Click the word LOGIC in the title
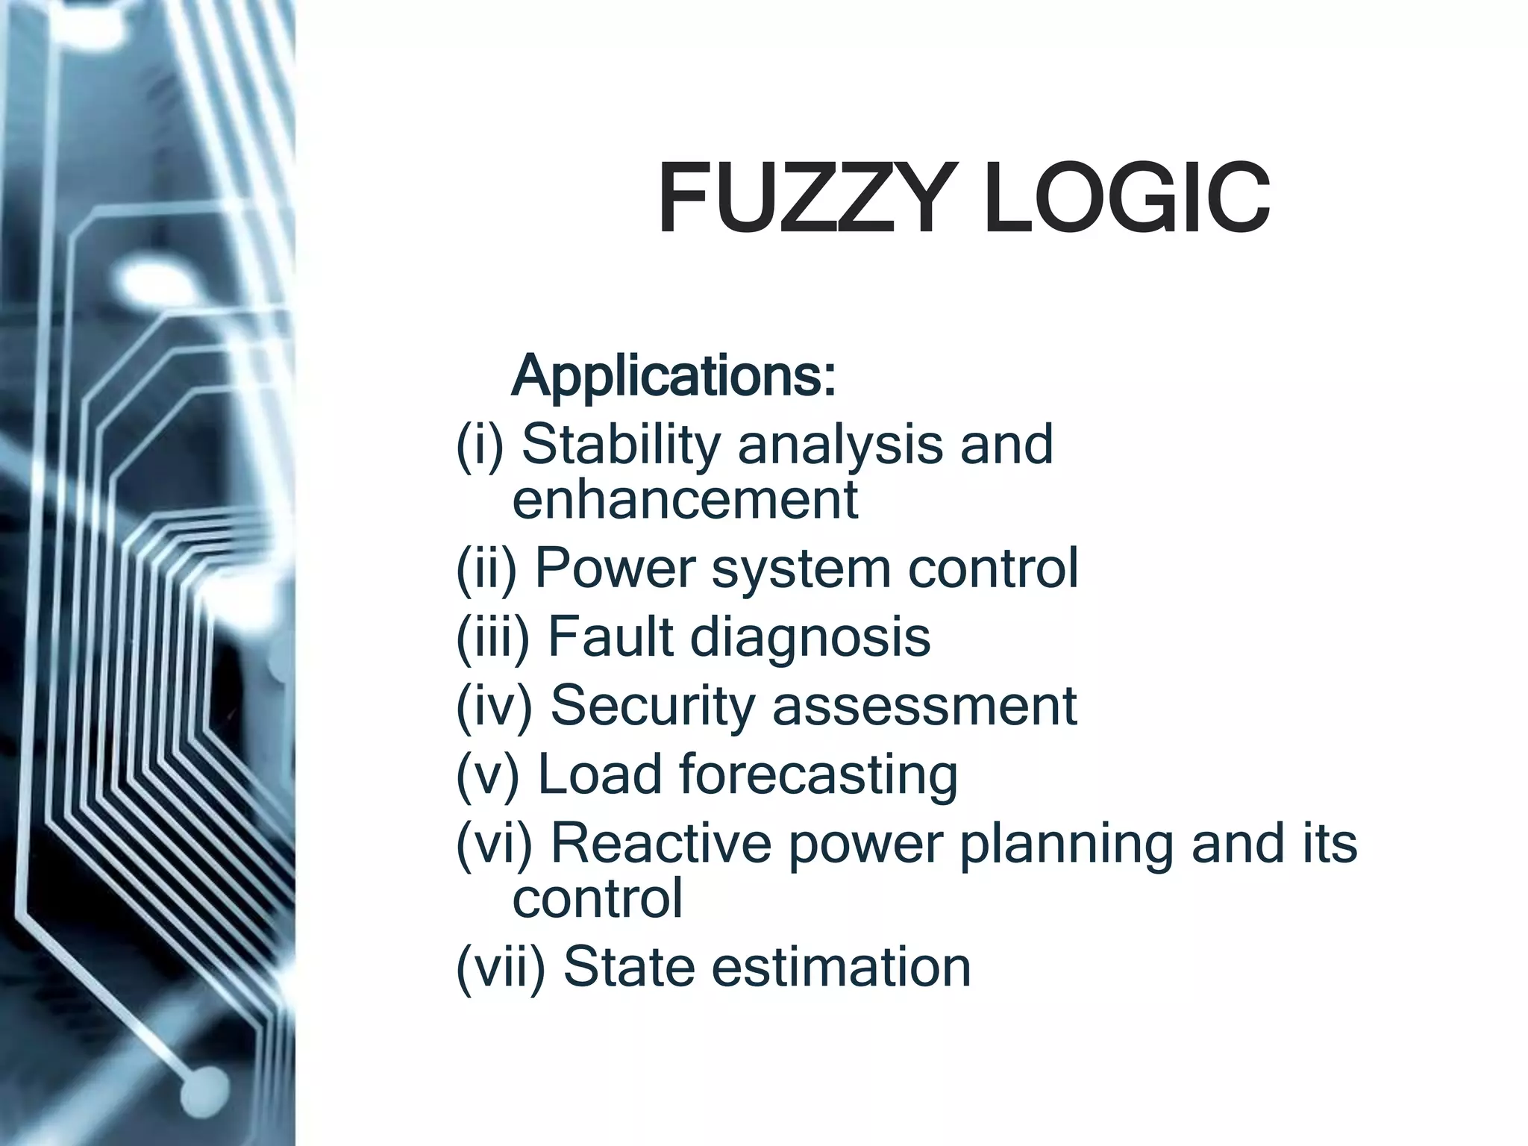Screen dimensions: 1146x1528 click(1127, 198)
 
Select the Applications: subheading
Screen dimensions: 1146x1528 click(674, 378)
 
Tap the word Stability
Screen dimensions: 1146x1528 click(621, 445)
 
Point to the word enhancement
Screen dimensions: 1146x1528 click(685, 500)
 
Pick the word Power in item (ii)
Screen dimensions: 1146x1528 click(615, 569)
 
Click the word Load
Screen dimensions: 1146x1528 click(599, 774)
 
